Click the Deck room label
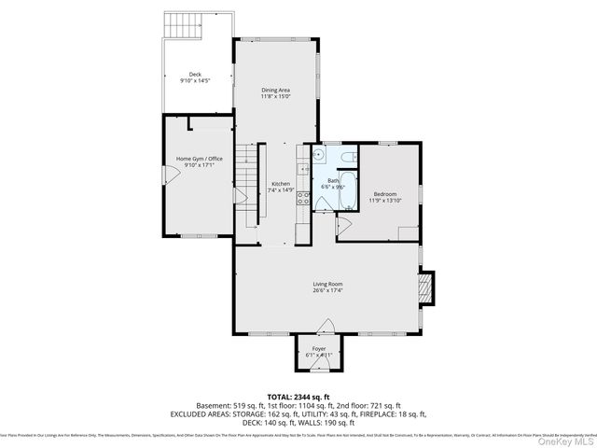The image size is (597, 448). pos(195,74)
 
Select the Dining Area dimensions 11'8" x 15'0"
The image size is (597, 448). pos(276,96)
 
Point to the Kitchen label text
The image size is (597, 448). pos(281,184)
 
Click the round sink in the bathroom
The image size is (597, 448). pos(318,157)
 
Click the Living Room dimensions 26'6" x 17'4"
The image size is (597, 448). pos(327,290)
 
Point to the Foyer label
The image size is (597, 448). pos(319,349)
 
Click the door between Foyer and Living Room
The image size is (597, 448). pos(325,327)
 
